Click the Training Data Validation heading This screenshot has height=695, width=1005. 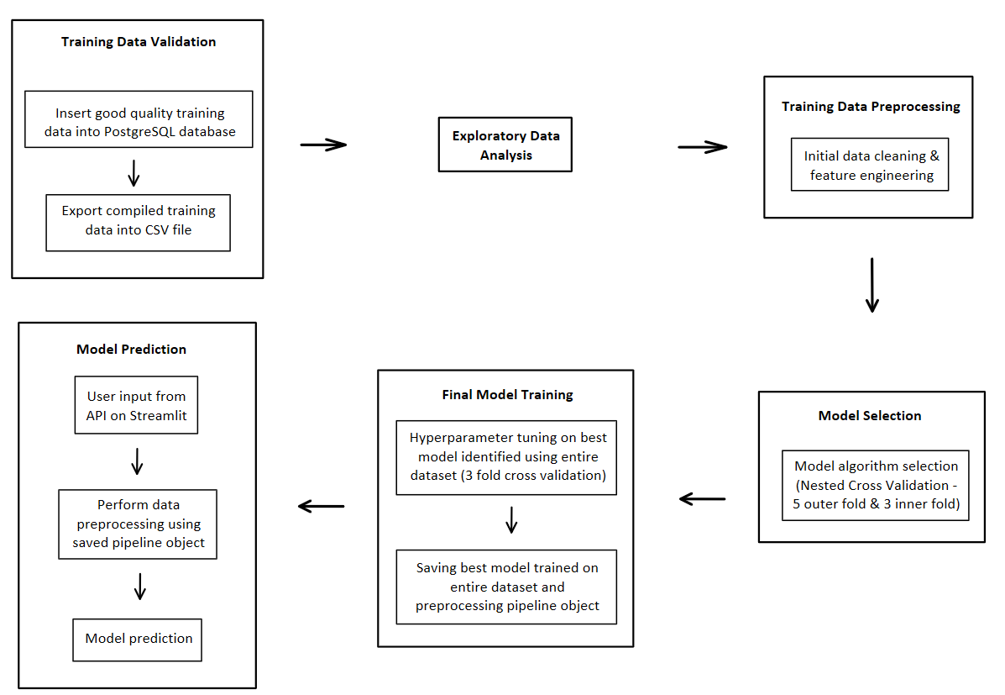(x=138, y=42)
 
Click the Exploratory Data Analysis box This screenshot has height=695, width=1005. (x=505, y=145)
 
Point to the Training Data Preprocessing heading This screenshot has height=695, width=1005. (x=871, y=107)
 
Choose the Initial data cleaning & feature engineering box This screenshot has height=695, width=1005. (x=871, y=165)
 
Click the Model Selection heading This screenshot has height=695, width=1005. (x=870, y=416)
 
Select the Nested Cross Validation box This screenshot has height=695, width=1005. (x=875, y=486)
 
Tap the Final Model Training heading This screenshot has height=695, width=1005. (x=507, y=394)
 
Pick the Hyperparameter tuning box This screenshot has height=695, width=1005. (x=506, y=457)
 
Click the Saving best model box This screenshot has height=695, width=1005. (x=506, y=587)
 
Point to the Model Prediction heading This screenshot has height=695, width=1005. (x=131, y=350)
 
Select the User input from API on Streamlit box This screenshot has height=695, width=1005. (x=136, y=404)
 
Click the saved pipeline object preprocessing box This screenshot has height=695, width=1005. (x=138, y=524)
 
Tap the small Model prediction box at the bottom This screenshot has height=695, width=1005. (x=139, y=640)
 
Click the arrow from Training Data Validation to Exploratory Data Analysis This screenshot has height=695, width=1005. (x=323, y=145)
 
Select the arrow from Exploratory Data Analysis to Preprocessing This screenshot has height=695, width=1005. (x=702, y=148)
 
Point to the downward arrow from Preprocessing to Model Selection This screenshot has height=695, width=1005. (x=872, y=286)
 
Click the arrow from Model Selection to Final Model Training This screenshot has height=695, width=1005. (x=702, y=499)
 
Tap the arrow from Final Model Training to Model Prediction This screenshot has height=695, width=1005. (x=322, y=506)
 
